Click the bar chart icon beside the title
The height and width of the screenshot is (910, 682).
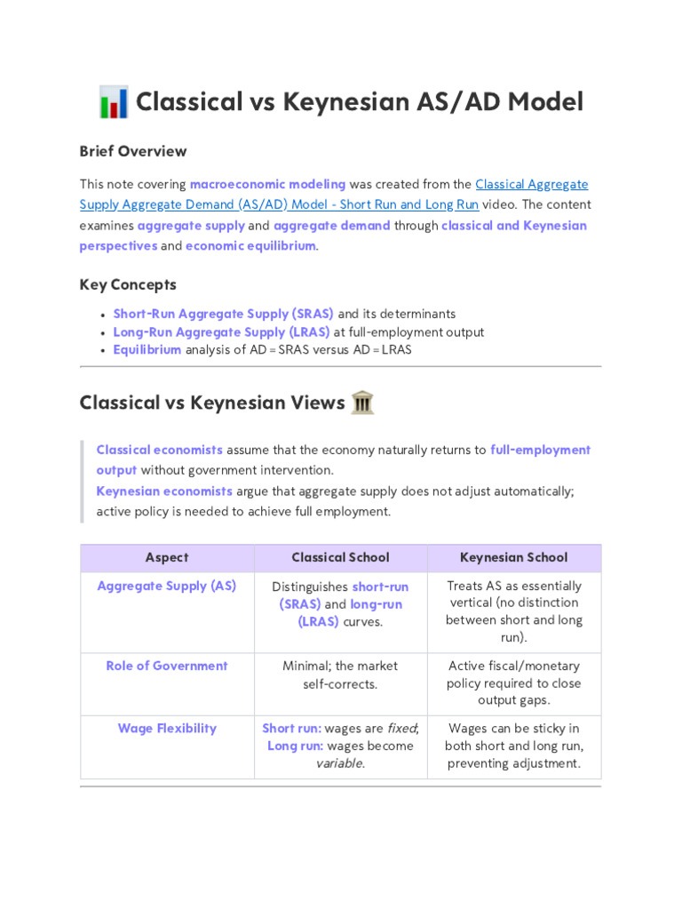click(x=114, y=102)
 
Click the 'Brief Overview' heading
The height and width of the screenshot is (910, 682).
click(x=133, y=151)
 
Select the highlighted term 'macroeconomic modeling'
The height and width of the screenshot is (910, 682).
click(x=267, y=184)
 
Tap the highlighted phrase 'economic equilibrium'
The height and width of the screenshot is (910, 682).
click(x=250, y=245)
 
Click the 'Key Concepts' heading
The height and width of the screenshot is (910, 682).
click(x=128, y=284)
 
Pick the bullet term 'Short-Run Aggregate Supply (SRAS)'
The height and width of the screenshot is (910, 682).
click(x=223, y=314)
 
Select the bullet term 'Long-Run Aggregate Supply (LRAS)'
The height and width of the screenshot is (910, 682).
click(x=221, y=331)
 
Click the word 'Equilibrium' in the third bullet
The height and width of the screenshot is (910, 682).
click(x=147, y=349)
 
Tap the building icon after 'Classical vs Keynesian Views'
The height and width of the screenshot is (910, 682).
click(x=362, y=403)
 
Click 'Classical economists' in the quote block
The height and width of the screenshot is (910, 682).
click(x=159, y=450)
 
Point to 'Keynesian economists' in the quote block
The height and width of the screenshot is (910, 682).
click(x=164, y=491)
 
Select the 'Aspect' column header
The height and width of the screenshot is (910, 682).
click(x=167, y=557)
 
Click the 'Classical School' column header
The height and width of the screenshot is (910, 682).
click(x=340, y=557)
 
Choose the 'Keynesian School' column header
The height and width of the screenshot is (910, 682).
click(x=513, y=557)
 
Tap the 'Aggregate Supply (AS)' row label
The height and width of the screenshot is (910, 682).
click(x=167, y=586)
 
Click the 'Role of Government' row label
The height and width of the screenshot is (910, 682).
click(x=167, y=666)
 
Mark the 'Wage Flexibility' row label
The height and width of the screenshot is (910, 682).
click(x=167, y=728)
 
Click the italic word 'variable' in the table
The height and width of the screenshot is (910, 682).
click(x=339, y=763)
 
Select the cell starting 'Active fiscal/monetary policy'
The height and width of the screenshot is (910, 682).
click(x=513, y=683)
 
